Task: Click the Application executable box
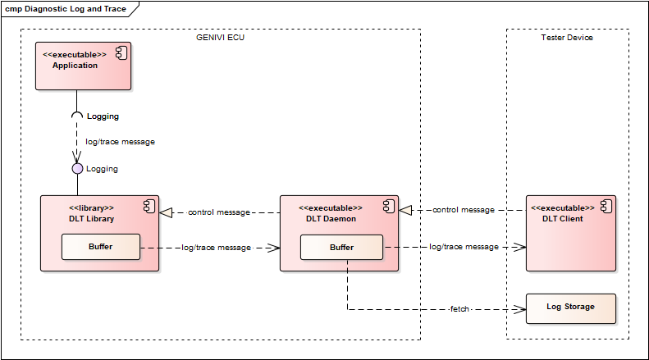click(83, 66)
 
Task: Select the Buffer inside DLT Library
click(101, 246)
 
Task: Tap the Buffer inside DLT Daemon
click(341, 247)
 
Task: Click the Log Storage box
click(570, 308)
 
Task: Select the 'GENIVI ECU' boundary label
click(220, 38)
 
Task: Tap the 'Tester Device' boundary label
click(567, 38)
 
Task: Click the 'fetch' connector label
click(459, 309)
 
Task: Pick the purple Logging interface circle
click(77, 169)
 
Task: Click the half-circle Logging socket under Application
click(77, 116)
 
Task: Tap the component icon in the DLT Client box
click(606, 205)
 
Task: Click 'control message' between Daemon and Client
click(464, 210)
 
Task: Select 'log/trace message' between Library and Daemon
click(217, 247)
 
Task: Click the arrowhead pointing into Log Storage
click(519, 309)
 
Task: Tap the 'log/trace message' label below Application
click(120, 142)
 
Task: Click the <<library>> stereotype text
click(91, 207)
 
